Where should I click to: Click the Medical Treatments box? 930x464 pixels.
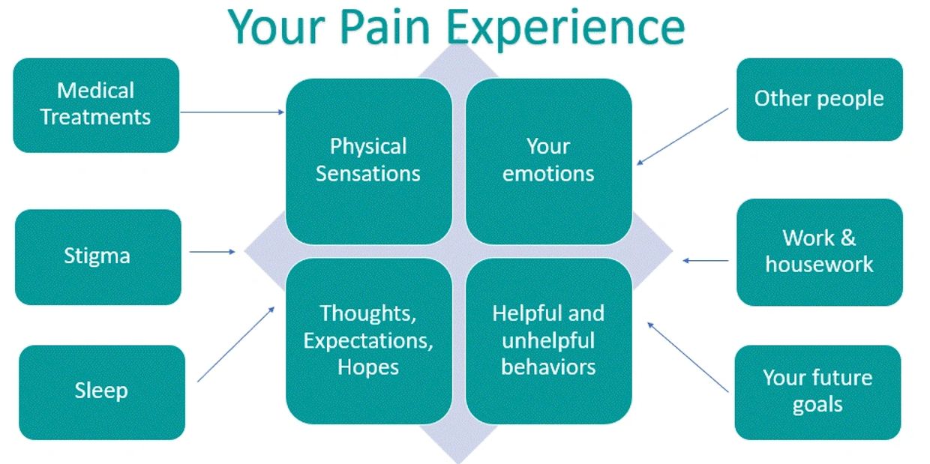96,105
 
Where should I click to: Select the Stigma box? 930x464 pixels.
97,256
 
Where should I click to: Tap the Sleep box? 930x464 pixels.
101,391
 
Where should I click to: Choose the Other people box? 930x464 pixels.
819,99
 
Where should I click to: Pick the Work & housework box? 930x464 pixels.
819,251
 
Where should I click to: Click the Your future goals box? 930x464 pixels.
817,391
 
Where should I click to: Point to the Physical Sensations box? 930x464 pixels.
368,160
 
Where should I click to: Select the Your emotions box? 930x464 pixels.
548,160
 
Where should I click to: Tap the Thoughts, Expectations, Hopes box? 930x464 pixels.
368,340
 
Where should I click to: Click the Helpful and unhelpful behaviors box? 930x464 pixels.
548,340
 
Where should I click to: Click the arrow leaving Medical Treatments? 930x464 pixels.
232,112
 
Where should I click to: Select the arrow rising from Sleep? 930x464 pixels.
236,344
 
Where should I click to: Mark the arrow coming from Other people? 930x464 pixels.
682,136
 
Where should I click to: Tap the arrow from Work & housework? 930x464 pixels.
706,261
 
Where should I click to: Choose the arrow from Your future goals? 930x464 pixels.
688,357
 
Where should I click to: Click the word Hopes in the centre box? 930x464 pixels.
368,367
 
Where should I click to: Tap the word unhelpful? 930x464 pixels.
548,340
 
